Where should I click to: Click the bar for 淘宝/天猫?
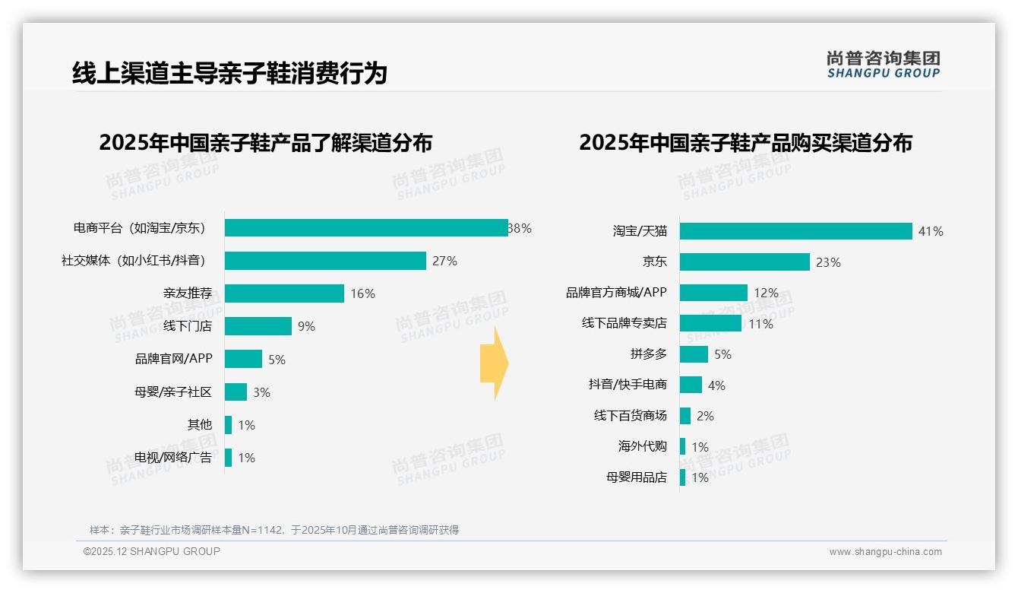click(795, 231)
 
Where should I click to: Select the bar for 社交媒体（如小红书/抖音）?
click(325, 261)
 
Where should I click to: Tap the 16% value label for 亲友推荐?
click(362, 293)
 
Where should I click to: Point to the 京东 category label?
click(654, 262)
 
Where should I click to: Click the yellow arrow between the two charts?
click(494, 364)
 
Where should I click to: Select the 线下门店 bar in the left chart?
click(258, 326)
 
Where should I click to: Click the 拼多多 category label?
click(648, 354)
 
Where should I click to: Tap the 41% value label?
click(931, 231)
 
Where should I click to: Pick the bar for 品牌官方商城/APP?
click(713, 293)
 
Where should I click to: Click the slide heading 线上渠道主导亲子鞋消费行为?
click(229, 73)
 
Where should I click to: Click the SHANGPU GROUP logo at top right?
click(883, 65)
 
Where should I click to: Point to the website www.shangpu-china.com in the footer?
click(885, 552)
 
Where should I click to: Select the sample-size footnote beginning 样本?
click(274, 530)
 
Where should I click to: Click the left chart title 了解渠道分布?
click(266, 143)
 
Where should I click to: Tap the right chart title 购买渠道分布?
click(745, 143)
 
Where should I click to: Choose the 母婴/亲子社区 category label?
click(172, 392)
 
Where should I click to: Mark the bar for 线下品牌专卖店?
click(710, 323)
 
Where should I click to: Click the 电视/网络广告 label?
click(173, 458)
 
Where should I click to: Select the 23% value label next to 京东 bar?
click(828, 262)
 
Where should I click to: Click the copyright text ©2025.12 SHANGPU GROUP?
click(152, 551)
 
